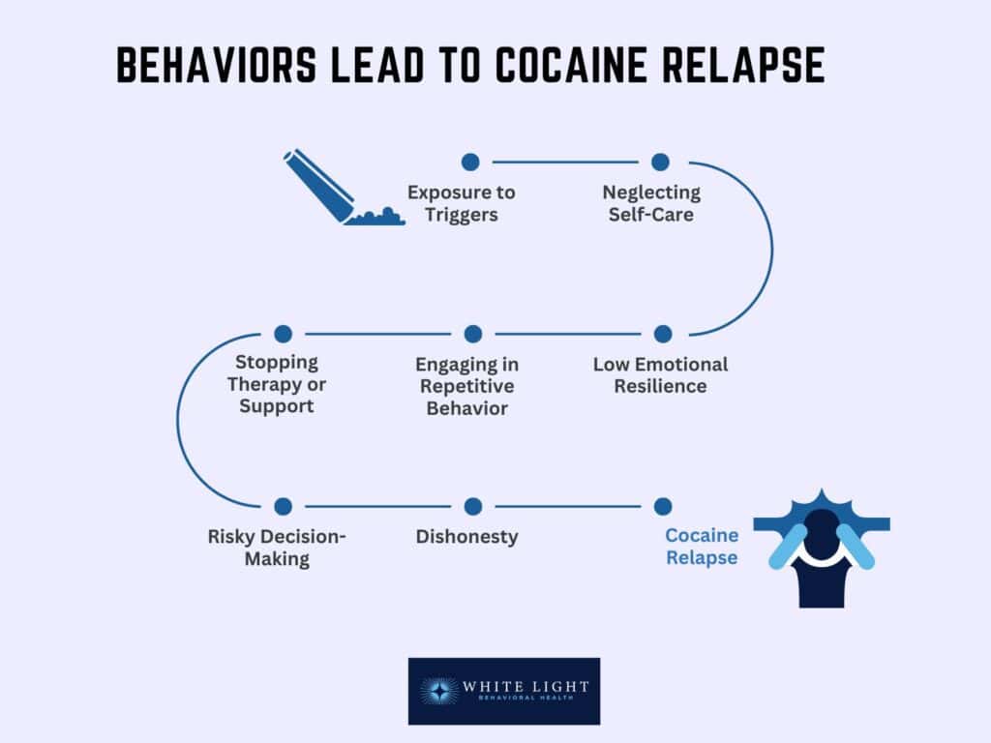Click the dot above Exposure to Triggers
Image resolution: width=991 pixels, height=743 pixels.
pyautogui.click(x=470, y=163)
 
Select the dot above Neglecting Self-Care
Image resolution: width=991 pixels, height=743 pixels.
pyautogui.click(x=660, y=163)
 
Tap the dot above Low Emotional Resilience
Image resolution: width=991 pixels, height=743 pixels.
pyautogui.click(x=662, y=334)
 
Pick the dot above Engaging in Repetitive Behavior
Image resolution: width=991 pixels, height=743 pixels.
pyautogui.click(x=472, y=334)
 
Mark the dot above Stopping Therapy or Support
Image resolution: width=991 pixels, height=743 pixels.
pyautogui.click(x=283, y=334)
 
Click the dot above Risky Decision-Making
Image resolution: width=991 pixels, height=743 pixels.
pyautogui.click(x=283, y=506)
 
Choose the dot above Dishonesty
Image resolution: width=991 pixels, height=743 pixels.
pyautogui.click(x=472, y=506)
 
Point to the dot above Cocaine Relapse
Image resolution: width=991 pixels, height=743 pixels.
pyautogui.click(x=662, y=506)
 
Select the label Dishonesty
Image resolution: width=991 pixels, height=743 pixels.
pyautogui.click(x=466, y=536)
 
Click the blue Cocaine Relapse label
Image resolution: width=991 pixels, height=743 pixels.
pyautogui.click(x=701, y=547)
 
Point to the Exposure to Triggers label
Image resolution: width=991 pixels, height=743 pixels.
pyautogui.click(x=461, y=203)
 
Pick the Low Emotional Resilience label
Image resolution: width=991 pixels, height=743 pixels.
pyautogui.click(x=660, y=375)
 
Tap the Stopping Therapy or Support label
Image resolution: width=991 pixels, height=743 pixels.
pyautogui.click(x=277, y=384)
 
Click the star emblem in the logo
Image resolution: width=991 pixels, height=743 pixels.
pyautogui.click(x=441, y=691)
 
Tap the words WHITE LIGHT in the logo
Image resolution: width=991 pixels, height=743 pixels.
pyautogui.click(x=526, y=686)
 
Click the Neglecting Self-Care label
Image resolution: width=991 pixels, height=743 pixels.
pyautogui.click(x=651, y=203)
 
